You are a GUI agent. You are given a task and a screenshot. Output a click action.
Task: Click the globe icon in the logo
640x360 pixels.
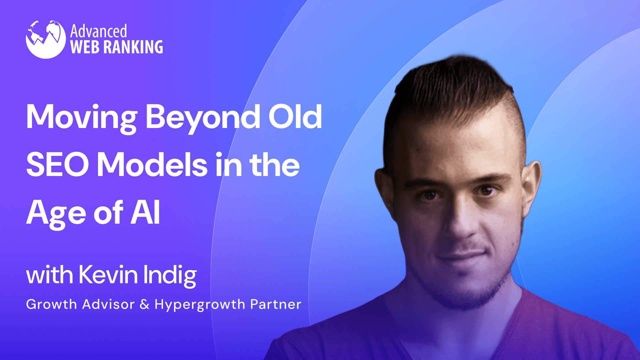pos(46,39)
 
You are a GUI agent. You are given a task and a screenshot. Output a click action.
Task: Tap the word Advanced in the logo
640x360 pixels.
pos(98,31)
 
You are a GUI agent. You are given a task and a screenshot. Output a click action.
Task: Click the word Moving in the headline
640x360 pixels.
pos(82,117)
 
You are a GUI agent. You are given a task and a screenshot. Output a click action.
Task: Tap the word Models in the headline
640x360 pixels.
pos(152,165)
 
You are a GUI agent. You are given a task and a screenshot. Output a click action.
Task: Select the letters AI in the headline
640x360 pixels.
pos(145,212)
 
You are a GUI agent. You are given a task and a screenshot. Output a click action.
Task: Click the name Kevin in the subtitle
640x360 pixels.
pos(108,275)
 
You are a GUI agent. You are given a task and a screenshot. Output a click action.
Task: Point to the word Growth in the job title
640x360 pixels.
pos(52,304)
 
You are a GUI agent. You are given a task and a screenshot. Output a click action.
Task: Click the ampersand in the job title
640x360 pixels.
pos(144,304)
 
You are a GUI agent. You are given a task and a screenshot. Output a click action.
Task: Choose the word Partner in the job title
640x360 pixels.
pos(276,304)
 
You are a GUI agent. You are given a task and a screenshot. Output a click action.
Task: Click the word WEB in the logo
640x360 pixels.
pos(85,47)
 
